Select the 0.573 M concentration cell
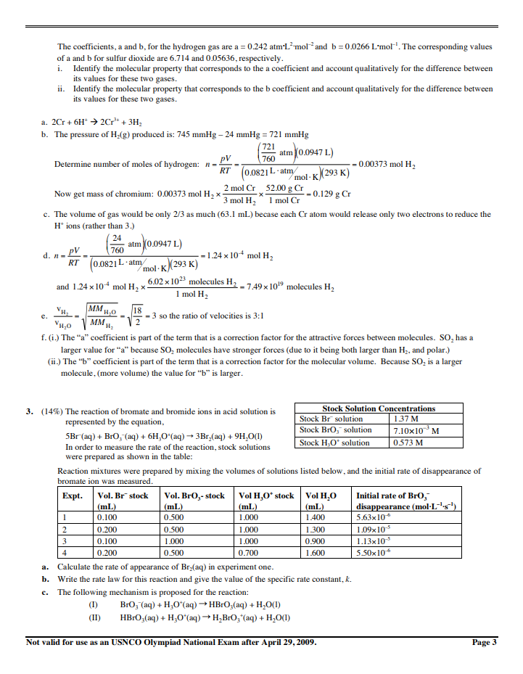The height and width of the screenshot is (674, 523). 406,442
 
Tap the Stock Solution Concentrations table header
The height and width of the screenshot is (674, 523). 379,408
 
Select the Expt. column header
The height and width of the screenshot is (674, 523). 73,496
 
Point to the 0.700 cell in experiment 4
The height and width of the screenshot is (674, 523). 249,552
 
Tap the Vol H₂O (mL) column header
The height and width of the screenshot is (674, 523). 321,501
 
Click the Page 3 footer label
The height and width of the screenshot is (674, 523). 485,642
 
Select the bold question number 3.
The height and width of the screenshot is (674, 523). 30,411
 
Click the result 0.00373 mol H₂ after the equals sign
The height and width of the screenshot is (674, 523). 387,164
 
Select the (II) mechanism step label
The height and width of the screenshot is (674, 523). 93,618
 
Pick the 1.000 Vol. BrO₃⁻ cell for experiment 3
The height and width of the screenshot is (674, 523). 174,541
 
